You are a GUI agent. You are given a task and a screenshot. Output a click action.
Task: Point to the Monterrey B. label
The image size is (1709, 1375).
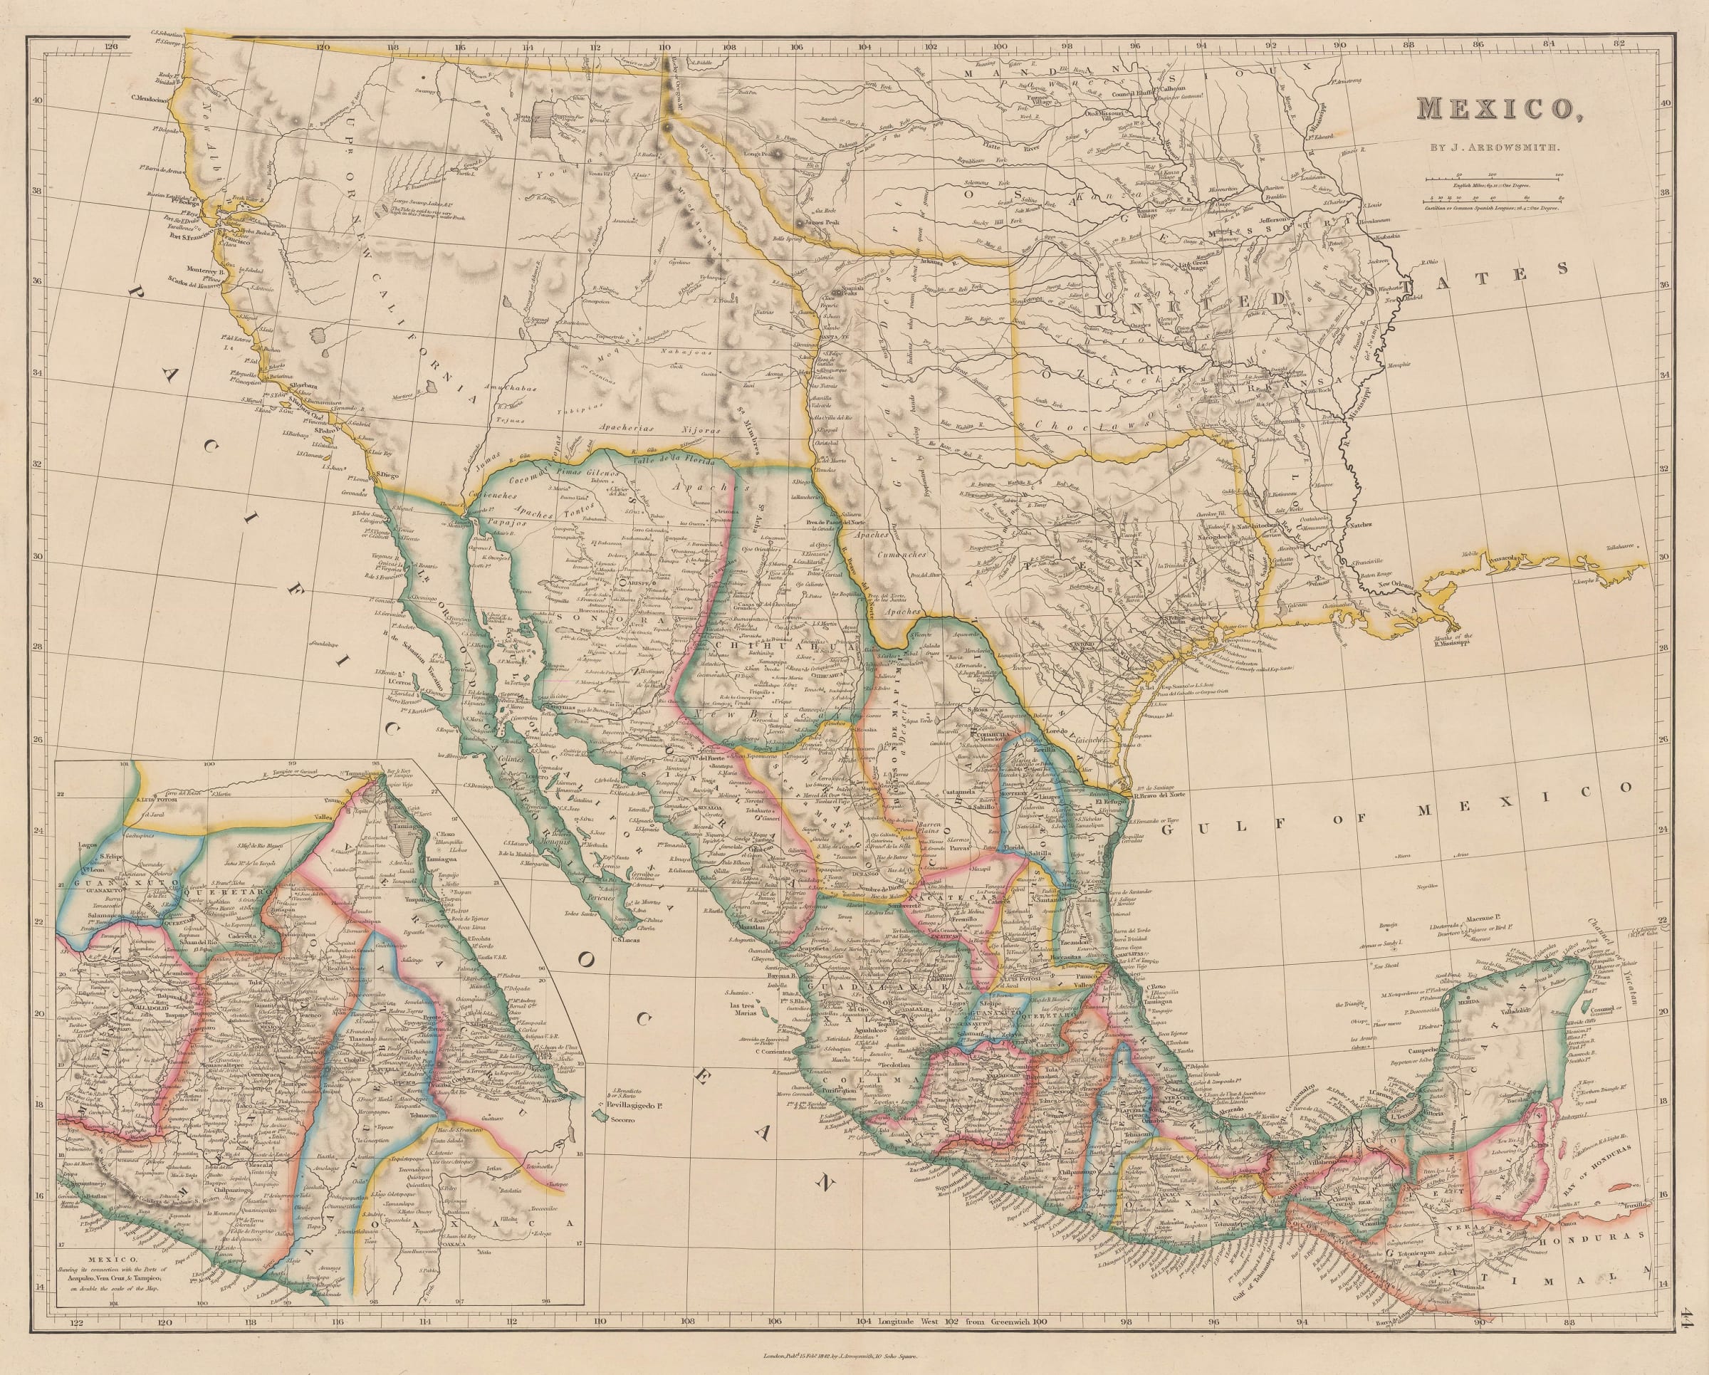pos(207,269)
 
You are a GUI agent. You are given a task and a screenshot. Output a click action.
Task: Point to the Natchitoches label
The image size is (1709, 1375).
pos(1267,525)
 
